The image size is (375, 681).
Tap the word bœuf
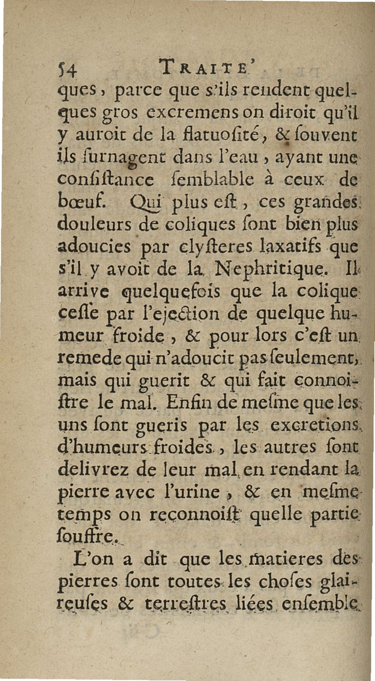pos(80,205)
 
